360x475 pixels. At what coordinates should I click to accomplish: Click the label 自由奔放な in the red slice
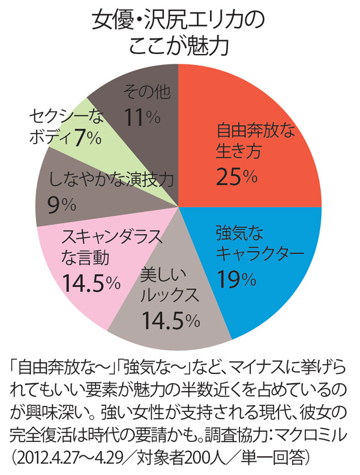tap(247, 128)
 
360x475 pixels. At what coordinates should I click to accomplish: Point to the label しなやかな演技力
tap(111, 178)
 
